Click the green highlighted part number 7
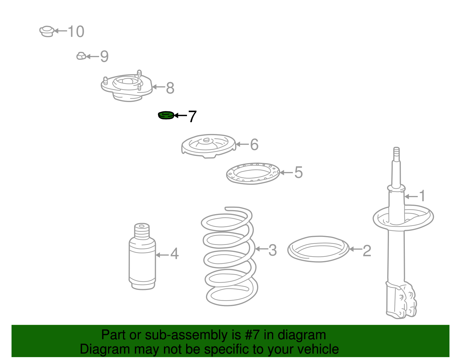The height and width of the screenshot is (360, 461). click(x=166, y=115)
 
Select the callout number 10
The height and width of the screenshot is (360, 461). click(x=76, y=31)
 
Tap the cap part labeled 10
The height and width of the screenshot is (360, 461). click(x=47, y=31)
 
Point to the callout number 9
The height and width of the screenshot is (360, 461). click(x=104, y=56)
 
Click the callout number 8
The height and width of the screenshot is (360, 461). click(x=170, y=88)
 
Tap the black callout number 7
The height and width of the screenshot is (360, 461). click(x=192, y=116)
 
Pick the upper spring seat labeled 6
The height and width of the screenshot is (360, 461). click(x=208, y=146)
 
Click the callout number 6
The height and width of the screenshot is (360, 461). click(x=254, y=145)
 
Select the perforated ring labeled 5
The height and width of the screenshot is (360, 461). click(x=253, y=173)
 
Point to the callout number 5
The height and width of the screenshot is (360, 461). click(x=298, y=173)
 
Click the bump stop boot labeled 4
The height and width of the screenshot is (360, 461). click(x=142, y=257)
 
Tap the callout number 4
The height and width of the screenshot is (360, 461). click(x=175, y=254)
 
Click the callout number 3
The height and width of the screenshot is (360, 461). click(x=273, y=250)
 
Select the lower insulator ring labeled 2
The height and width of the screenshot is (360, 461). click(x=318, y=249)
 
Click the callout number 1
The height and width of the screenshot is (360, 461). click(x=422, y=196)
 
